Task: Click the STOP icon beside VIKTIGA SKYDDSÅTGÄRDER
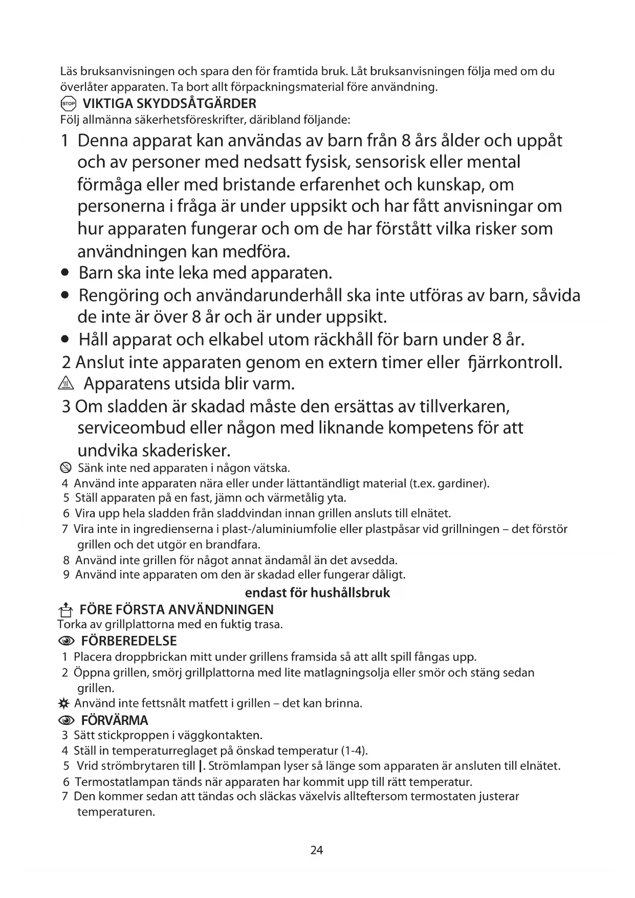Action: click(x=68, y=104)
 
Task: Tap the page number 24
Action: click(x=317, y=850)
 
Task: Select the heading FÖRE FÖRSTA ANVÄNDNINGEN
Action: click(x=177, y=609)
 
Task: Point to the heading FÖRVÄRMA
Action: click(x=114, y=720)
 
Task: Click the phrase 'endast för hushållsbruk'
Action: click(x=317, y=593)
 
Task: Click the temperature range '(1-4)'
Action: click(x=354, y=751)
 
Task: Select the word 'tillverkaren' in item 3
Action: click(x=464, y=407)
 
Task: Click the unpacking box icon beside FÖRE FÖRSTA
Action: click(x=65, y=610)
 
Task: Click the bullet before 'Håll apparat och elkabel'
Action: click(x=64, y=340)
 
